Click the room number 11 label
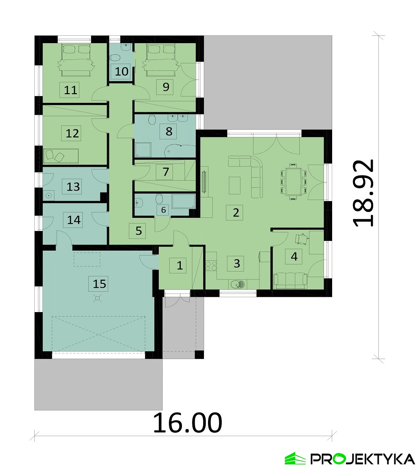click(70, 90)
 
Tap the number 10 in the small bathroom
click(121, 71)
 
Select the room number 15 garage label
click(100, 284)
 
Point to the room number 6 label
click(163, 210)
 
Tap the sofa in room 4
click(290, 281)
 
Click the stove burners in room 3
click(211, 266)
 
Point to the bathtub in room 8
click(180, 151)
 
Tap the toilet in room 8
click(152, 120)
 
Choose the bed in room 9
click(161, 60)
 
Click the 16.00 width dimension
click(188, 423)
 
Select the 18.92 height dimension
click(363, 193)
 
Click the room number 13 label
click(73, 187)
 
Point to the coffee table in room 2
click(234, 185)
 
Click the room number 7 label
click(166, 172)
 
